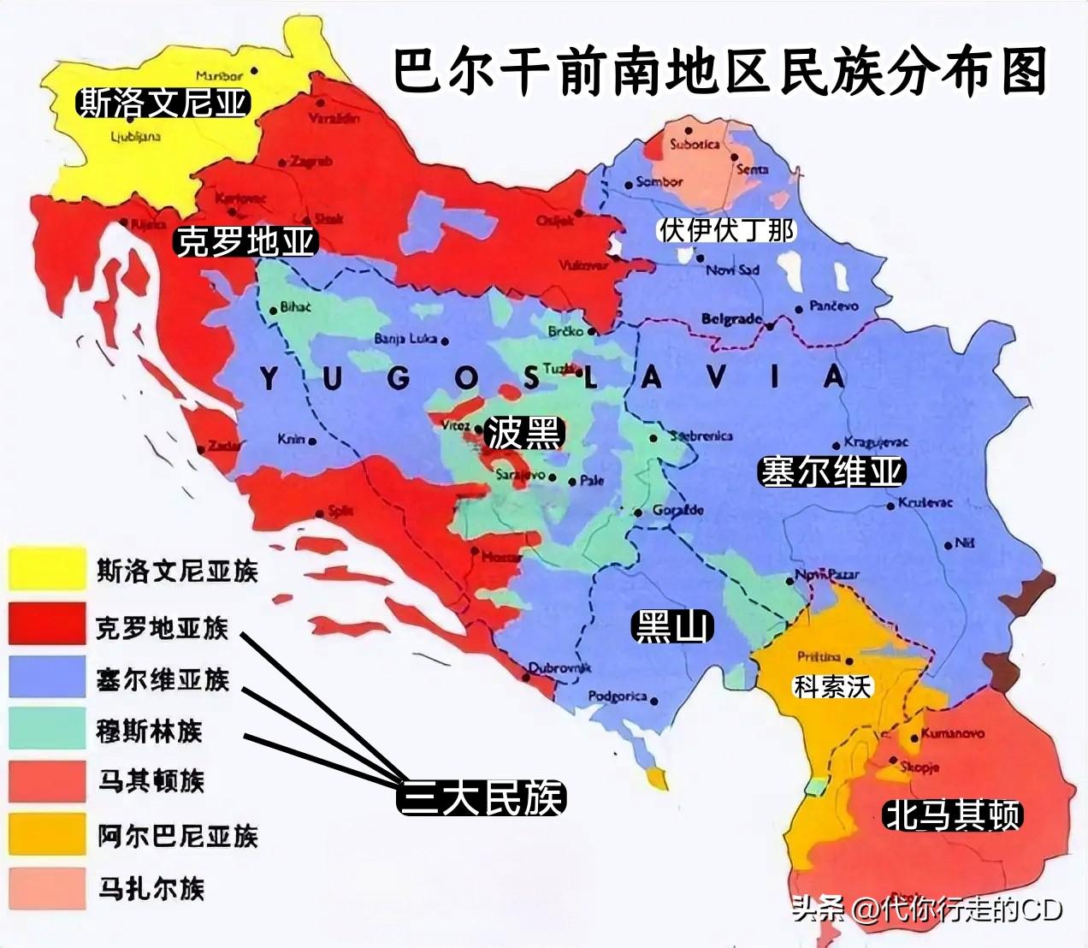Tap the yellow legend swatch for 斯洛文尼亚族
click(47, 569)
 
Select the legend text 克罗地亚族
click(162, 627)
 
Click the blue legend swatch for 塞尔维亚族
click(47, 677)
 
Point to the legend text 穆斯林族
click(149, 732)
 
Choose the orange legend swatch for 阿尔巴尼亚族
click(47, 833)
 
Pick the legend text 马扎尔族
click(151, 888)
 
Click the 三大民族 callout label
click(482, 798)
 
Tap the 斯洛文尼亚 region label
click(163, 104)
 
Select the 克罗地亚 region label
click(245, 241)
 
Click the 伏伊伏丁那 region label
click(726, 230)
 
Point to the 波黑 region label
click(523, 433)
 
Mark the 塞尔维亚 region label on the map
click(831, 471)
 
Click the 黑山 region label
click(671, 627)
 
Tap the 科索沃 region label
click(831, 686)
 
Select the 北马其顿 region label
click(952, 815)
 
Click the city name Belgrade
click(730, 319)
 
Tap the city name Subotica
click(694, 144)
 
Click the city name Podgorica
click(617, 696)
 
